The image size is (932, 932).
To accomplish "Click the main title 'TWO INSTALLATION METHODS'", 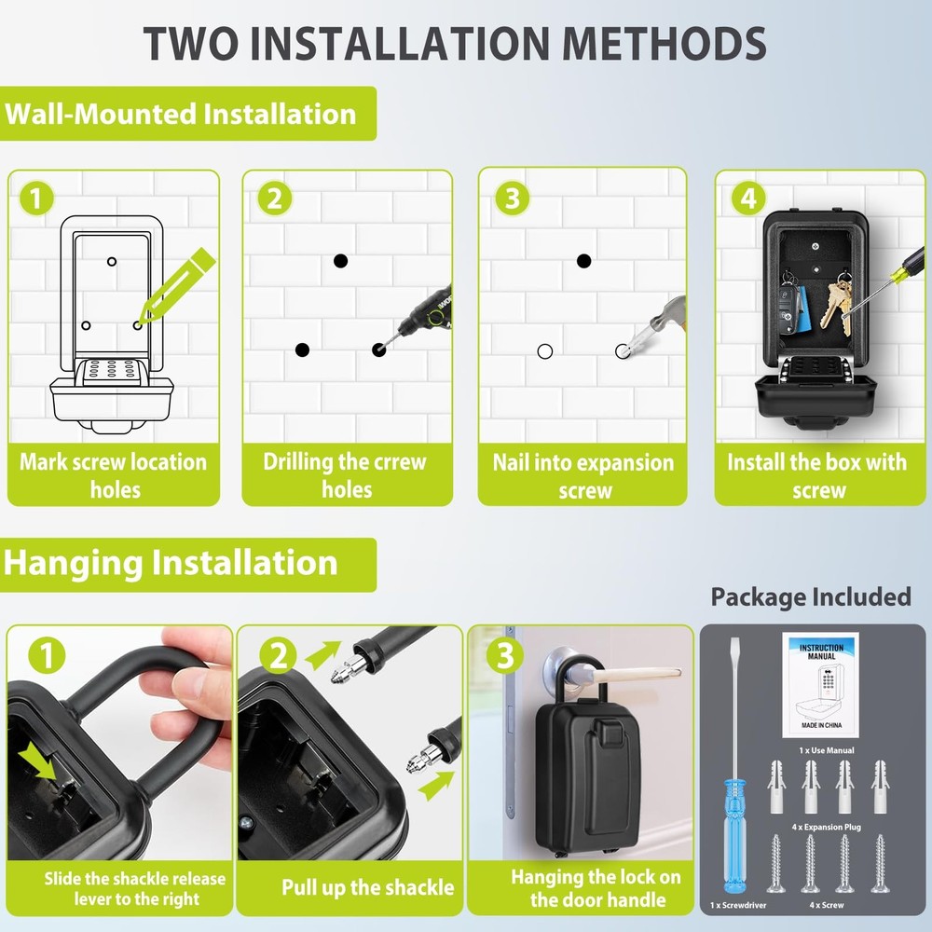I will [x=455, y=43].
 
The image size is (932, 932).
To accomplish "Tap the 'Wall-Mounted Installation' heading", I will [x=181, y=115].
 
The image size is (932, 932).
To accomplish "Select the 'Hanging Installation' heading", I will [x=171, y=563].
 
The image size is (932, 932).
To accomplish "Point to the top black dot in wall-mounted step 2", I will [x=341, y=261].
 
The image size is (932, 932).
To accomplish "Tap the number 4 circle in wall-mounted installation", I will [x=747, y=199].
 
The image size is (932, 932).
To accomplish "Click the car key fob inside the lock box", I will [x=788, y=303].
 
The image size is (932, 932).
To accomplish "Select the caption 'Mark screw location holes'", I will [x=114, y=475].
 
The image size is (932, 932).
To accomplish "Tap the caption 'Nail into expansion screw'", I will [x=584, y=475].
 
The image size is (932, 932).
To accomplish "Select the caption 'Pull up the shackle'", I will [x=367, y=887].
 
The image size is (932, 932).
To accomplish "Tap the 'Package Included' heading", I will [x=810, y=596].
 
